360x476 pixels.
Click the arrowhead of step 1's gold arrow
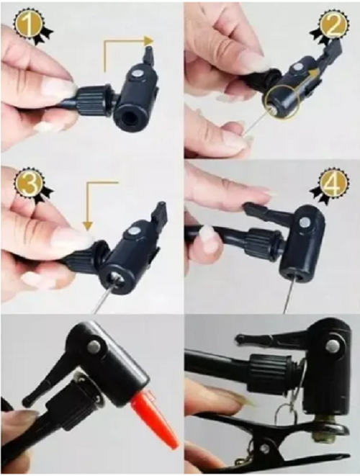pyautogui.click(x=148, y=40)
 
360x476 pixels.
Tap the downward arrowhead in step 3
pyautogui.click(x=88, y=225)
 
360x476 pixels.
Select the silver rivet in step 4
pyautogui.click(x=305, y=223)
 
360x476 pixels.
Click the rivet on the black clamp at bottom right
pyautogui.click(x=265, y=447)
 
